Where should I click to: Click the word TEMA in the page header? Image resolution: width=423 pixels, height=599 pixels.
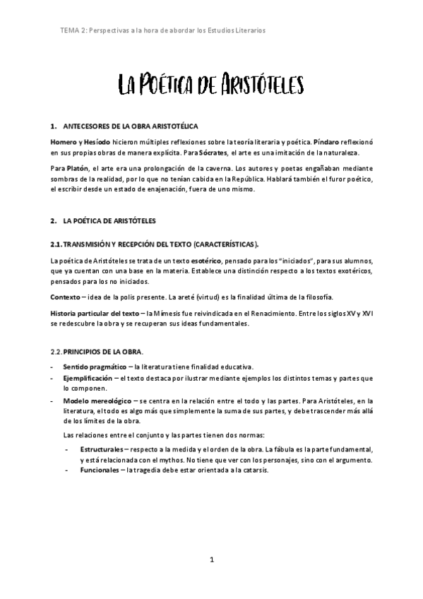[x=72, y=31]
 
